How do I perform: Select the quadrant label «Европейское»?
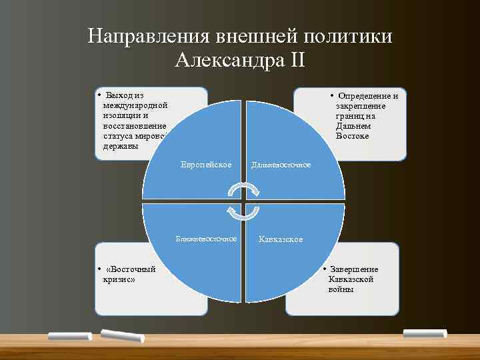pyautogui.click(x=206, y=165)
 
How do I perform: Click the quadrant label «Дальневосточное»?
pyautogui.click(x=281, y=165)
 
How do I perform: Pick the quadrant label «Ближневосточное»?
pyautogui.click(x=206, y=238)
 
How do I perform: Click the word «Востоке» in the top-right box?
pyautogui.click(x=353, y=136)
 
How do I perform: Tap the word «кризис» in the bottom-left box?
pyautogui.click(x=118, y=279)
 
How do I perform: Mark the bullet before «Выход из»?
pyautogui.click(x=99, y=95)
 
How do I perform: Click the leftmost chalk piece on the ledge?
pyautogui.click(x=69, y=336)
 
